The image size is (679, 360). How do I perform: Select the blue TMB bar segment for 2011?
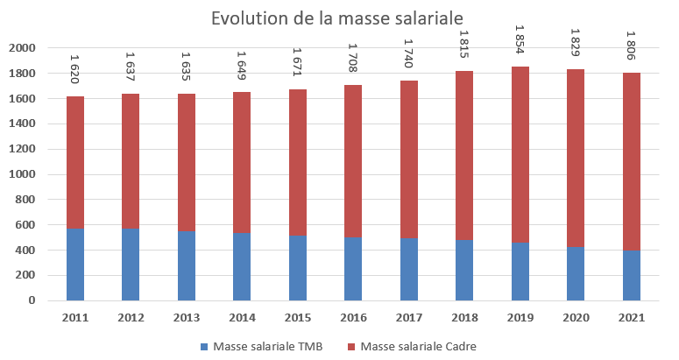(75, 265)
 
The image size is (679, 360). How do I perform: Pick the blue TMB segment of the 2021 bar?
(633, 275)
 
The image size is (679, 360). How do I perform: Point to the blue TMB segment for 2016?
(354, 269)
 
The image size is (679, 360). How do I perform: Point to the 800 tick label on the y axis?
(25, 200)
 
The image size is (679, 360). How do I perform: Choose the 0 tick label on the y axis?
(32, 300)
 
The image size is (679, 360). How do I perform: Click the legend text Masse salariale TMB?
(267, 346)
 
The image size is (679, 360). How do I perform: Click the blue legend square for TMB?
(205, 346)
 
